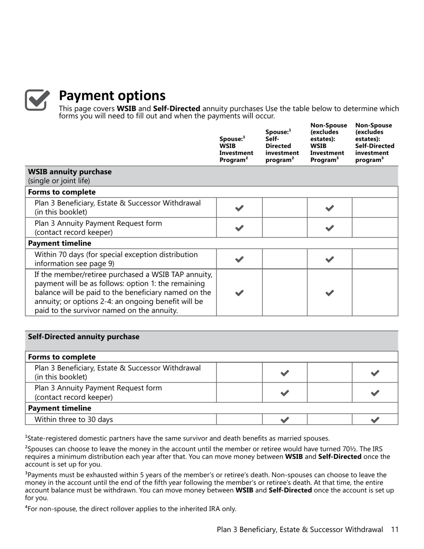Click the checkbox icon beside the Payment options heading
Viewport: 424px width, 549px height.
(x=37, y=100)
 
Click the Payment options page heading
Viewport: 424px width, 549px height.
(x=112, y=96)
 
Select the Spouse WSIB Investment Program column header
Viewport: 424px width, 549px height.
(x=236, y=149)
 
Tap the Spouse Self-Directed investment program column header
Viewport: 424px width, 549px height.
(x=282, y=146)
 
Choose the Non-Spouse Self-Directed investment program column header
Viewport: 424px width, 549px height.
(x=374, y=142)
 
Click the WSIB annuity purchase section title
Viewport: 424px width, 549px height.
(x=70, y=172)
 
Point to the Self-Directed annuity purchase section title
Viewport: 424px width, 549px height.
(x=83, y=337)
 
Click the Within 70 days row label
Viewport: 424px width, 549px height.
(x=116, y=259)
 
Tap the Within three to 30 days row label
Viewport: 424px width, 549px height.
(x=74, y=420)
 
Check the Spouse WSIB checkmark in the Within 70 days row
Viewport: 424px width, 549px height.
(x=239, y=259)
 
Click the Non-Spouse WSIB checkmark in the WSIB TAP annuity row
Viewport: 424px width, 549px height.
(x=330, y=293)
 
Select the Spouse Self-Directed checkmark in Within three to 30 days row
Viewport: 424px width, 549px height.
(x=285, y=420)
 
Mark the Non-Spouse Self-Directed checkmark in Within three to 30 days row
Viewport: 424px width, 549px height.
(x=375, y=420)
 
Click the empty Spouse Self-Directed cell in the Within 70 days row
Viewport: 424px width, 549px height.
(x=285, y=259)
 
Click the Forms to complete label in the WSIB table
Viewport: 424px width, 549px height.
(x=62, y=192)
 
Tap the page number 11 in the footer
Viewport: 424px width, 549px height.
(x=394, y=530)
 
